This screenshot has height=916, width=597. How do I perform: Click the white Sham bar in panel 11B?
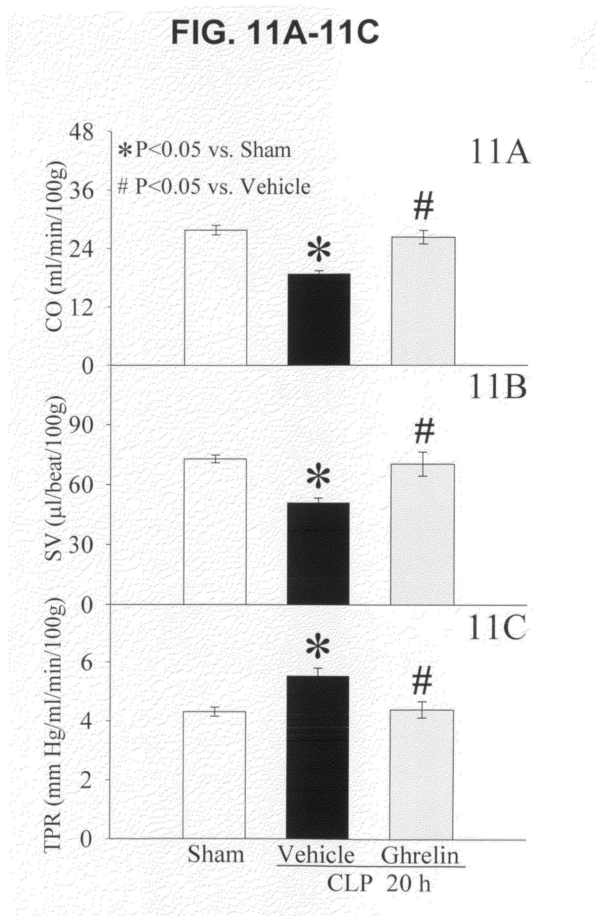(215, 531)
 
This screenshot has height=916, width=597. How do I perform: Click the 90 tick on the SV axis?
(81, 424)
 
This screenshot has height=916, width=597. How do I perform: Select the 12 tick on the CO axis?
(81, 307)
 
